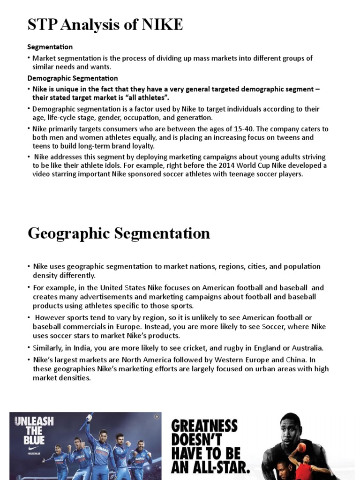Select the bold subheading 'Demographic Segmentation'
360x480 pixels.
coord(73,78)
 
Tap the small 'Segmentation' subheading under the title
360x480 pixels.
coord(50,47)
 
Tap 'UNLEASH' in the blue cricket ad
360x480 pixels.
coord(34,420)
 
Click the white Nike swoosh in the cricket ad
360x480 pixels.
coord(31,453)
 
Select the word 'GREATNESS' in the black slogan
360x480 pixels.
coord(204,427)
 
